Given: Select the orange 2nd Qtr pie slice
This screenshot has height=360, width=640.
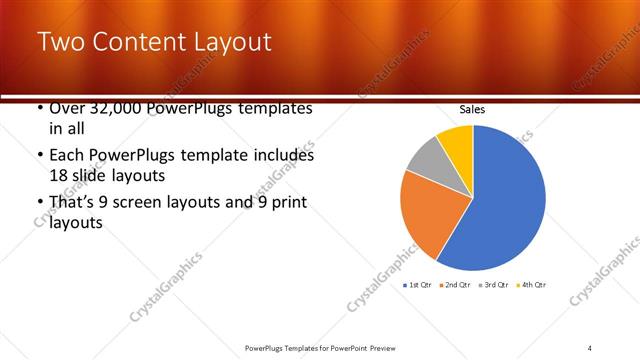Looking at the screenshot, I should pos(425,215).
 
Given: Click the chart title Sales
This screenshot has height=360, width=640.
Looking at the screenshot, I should pos(472,110).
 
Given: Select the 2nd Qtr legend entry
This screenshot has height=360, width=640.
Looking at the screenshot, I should pos(454,285).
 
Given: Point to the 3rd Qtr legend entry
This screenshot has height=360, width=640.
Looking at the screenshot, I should pos(493,285).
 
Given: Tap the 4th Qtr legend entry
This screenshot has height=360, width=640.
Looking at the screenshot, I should pos(531,285).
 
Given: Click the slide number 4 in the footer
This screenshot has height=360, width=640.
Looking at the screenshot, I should pos(590,347).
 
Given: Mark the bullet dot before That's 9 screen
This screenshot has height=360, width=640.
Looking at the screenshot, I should pos(39,203).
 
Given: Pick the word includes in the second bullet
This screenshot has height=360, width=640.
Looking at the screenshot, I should pos(284,156).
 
